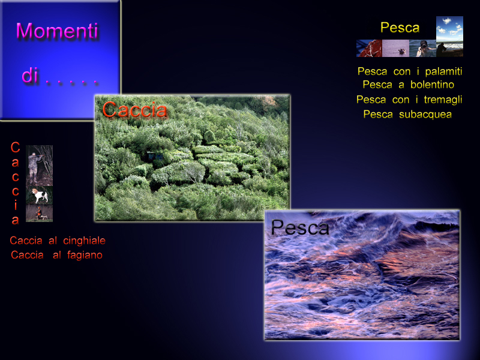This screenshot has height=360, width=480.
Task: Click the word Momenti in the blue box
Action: tap(57, 31)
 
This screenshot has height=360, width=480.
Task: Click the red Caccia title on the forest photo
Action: tap(134, 109)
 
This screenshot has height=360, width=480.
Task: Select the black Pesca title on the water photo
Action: tap(299, 227)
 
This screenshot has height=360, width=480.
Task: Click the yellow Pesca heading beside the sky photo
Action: tap(400, 28)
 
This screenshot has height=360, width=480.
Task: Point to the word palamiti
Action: tap(443, 71)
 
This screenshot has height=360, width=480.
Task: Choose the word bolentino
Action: tap(432, 85)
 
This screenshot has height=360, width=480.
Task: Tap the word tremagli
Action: tap(443, 100)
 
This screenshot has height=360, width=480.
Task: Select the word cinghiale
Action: tap(84, 241)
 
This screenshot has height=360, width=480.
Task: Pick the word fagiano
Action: tap(85, 255)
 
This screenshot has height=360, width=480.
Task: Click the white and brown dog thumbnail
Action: tap(40, 196)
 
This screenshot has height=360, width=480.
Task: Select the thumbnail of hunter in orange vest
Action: tap(39, 213)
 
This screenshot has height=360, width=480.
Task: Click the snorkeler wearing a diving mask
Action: tap(422, 49)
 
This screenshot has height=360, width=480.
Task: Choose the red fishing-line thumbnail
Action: tap(369, 49)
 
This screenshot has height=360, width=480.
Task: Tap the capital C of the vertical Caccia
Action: tap(16, 147)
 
